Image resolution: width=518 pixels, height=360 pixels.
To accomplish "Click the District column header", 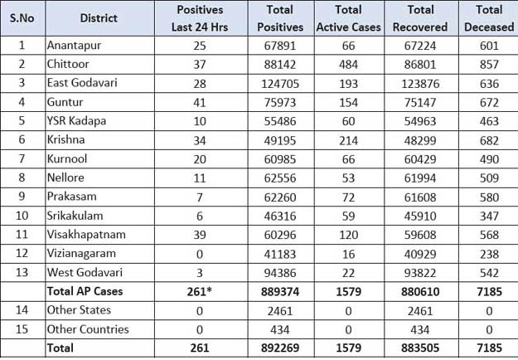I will (99, 17).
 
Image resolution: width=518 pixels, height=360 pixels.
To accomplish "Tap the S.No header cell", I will (22, 17).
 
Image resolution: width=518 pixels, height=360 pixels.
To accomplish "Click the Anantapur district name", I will (74, 45).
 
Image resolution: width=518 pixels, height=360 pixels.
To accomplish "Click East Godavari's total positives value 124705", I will (281, 83).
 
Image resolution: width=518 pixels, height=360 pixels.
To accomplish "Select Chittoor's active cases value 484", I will (348, 64).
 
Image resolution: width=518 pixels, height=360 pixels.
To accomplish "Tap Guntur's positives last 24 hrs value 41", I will (199, 102).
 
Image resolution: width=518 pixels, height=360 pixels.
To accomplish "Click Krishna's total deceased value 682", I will (489, 140).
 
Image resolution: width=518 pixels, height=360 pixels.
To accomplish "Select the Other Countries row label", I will (88, 329).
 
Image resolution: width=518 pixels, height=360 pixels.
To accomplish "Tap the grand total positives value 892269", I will (281, 349).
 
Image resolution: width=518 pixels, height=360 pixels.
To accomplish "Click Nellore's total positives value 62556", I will (281, 178).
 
